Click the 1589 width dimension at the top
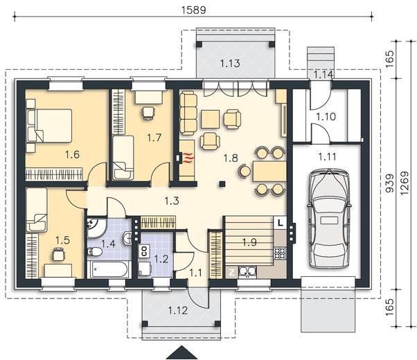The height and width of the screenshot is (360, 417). pyautogui.click(x=194, y=10)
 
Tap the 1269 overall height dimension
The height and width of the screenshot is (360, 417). pyautogui.click(x=405, y=183)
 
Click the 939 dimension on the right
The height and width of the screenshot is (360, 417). pyautogui.click(x=389, y=183)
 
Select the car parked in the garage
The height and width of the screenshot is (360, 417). pyautogui.click(x=329, y=218)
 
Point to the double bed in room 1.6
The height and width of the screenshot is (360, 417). pyautogui.click(x=49, y=125)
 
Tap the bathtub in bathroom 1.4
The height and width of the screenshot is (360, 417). pyautogui.click(x=109, y=269)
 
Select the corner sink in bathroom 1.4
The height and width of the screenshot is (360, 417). pyautogui.click(x=96, y=228)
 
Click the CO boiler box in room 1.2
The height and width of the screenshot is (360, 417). pyautogui.click(x=144, y=251)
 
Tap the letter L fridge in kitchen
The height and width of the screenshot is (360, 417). pyautogui.click(x=280, y=222)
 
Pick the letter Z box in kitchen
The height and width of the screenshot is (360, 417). pyautogui.click(x=232, y=272)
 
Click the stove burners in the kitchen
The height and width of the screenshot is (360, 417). pyautogui.click(x=280, y=253)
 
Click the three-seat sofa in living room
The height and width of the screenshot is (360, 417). pyautogui.click(x=188, y=113)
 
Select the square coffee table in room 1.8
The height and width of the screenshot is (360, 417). pyautogui.click(x=210, y=119)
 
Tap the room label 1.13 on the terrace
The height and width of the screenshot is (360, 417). pyautogui.click(x=230, y=63)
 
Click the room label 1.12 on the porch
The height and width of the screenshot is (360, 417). pyautogui.click(x=178, y=310)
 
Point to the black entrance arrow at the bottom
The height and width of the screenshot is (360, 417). pyautogui.click(x=182, y=352)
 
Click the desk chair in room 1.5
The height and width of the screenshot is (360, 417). pyautogui.click(x=58, y=255)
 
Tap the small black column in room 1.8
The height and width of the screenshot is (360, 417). pyautogui.click(x=222, y=184)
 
